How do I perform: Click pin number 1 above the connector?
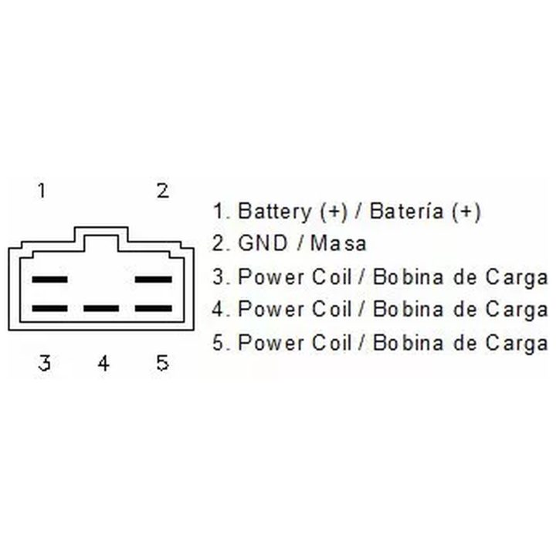coord(42,191)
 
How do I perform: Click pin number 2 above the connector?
coord(163,191)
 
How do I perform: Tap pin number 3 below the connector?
coord(44,363)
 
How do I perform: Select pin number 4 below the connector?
coord(103,363)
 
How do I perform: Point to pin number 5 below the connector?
coord(163,363)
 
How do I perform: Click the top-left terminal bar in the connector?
coord(49,280)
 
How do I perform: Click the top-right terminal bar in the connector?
coord(154,280)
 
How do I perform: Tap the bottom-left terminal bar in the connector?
coord(49,308)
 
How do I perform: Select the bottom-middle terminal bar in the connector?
coord(101,308)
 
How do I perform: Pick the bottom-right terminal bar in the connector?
coord(154,308)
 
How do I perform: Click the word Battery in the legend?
coord(274,212)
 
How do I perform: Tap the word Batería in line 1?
coord(407,211)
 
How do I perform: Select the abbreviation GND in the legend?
coord(263,243)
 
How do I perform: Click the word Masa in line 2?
coord(338,243)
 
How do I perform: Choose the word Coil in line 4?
coord(331,309)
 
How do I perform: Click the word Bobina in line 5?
coord(409,343)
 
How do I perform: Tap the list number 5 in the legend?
coord(217,343)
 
